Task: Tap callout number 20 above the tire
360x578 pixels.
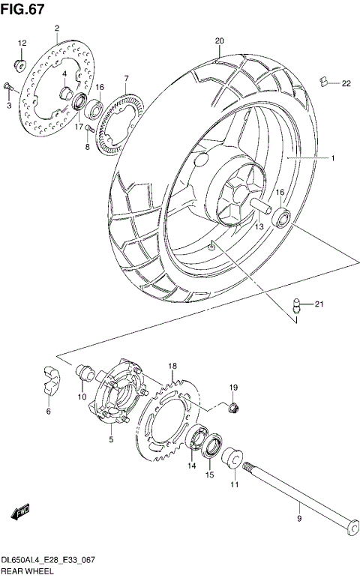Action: (219, 41)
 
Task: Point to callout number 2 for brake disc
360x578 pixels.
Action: (57, 28)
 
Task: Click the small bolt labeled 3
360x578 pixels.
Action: (7, 88)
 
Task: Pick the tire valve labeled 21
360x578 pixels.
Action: (295, 305)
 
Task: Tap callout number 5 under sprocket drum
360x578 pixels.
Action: (110, 439)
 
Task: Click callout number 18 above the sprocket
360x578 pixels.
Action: (172, 366)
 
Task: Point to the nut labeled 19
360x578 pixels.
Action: (232, 407)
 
